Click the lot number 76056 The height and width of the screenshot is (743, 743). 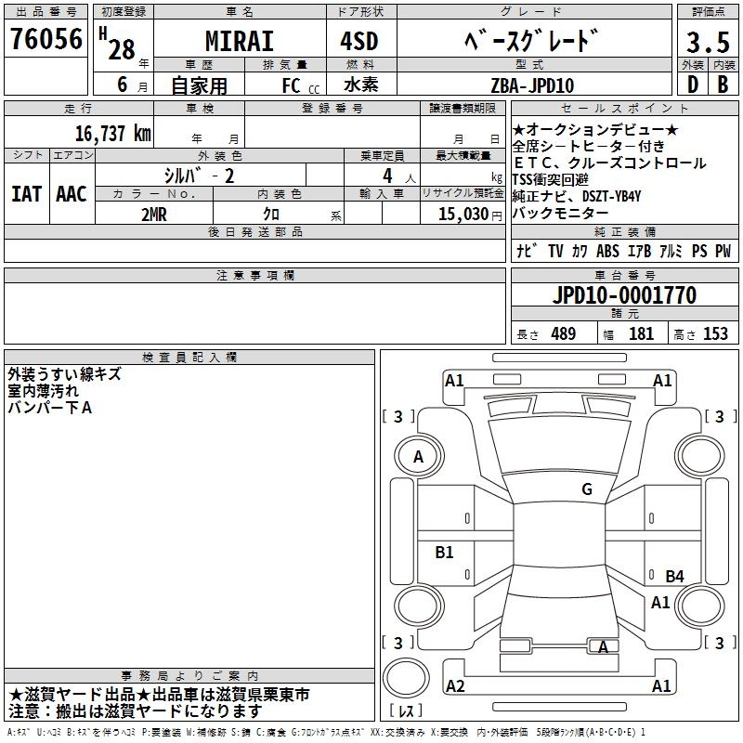46,41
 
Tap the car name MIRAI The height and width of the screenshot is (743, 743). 239,43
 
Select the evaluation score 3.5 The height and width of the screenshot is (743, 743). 706,43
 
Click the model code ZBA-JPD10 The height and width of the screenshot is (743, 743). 532,85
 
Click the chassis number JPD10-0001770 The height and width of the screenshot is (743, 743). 624,295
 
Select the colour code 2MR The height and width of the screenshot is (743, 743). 154,214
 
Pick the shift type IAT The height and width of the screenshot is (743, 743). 26,194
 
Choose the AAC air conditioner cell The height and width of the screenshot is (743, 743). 72,194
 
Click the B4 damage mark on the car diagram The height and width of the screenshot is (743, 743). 674,577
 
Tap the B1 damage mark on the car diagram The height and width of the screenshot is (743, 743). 445,553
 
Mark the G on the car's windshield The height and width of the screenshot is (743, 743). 586,489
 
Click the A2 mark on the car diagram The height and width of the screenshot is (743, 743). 455,686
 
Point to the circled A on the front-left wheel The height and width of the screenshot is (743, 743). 418,457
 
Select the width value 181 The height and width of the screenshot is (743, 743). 641,333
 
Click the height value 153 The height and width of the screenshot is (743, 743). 715,333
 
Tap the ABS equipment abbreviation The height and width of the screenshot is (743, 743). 607,251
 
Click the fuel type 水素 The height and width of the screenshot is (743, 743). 365,85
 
